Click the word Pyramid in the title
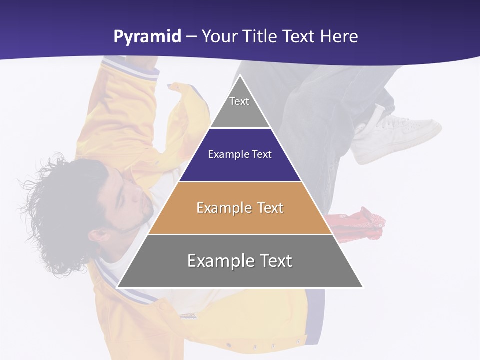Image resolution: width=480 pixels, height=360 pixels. [147, 37]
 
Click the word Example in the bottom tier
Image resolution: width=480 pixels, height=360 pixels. [218, 261]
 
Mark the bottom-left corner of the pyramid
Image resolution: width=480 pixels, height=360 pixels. [117, 287]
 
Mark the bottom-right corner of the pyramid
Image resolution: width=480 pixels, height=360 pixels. [363, 287]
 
